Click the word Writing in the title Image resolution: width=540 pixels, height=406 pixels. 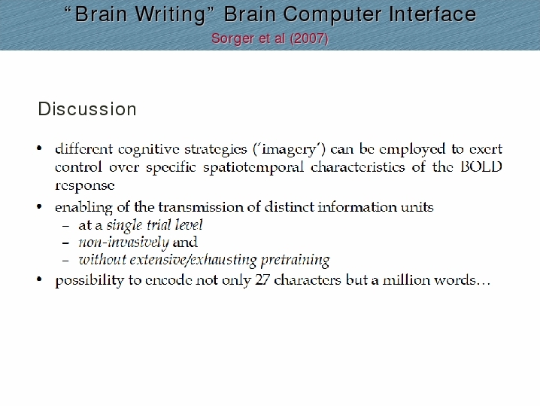point(170,15)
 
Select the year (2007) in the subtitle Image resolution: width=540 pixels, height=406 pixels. point(309,38)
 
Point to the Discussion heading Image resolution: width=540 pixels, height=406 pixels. point(87,109)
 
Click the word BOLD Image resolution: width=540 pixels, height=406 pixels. point(481,167)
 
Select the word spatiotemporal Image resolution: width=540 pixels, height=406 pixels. point(253,168)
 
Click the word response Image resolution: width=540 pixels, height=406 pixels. point(85,186)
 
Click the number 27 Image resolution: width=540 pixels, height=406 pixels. point(262,279)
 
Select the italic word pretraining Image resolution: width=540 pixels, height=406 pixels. point(296,261)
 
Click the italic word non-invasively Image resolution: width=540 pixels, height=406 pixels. point(124,243)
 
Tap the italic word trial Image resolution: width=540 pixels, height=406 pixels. point(159,225)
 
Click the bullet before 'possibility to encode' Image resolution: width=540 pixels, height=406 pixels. point(39,279)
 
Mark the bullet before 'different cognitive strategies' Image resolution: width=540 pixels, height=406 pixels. point(39,148)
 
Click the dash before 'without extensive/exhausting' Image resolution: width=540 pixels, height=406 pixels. point(65,261)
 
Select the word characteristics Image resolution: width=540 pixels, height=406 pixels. point(358,167)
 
